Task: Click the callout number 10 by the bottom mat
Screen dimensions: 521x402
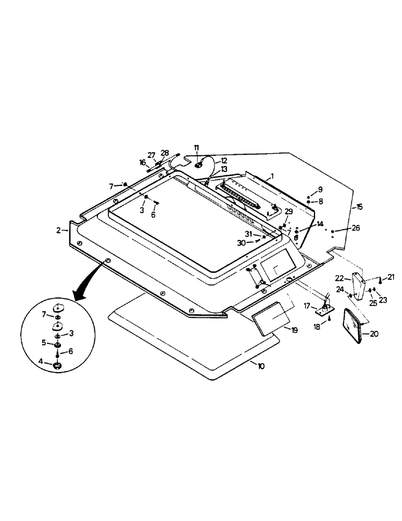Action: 260,366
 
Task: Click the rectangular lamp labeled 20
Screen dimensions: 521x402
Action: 353,326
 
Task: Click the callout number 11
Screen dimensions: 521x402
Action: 197,148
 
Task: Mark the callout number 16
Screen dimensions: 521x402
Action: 142,163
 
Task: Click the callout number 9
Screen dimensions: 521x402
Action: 321,189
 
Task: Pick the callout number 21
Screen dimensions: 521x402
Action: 391,277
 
